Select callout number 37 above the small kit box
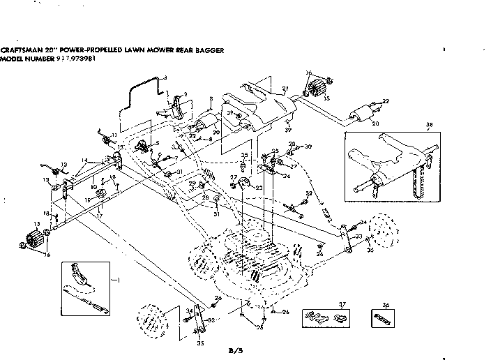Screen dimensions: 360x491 point(322,305)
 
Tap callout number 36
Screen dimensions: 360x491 point(385,305)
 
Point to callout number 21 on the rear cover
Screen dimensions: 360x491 point(285,89)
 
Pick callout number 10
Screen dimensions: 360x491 point(93,186)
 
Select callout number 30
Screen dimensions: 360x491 point(308,146)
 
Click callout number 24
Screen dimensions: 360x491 point(287,176)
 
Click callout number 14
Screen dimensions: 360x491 point(84,160)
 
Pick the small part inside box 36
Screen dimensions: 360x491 point(385,317)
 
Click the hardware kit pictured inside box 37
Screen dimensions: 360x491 point(325,317)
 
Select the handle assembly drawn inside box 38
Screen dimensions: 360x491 point(391,167)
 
